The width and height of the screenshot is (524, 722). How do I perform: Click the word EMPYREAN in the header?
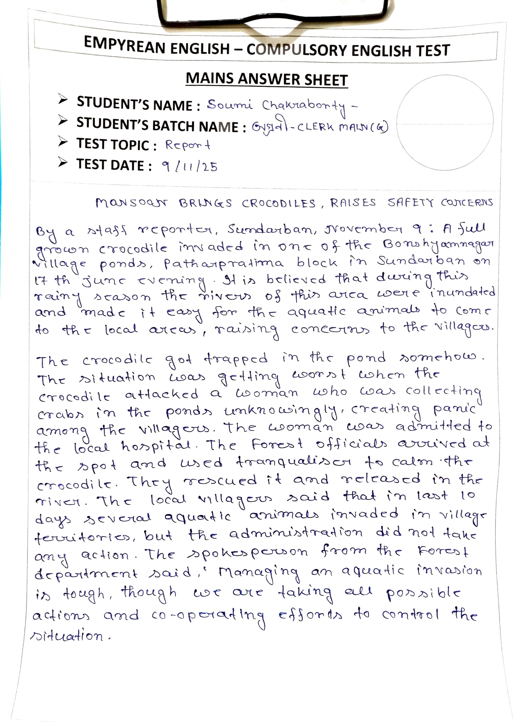pos(124,45)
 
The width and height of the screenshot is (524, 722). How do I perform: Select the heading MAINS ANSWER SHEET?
pos(266,79)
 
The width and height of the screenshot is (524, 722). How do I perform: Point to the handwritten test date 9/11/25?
pos(190,167)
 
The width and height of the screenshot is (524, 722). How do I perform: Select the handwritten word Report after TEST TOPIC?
pos(188,145)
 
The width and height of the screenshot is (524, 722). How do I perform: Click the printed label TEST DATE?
pos(110,165)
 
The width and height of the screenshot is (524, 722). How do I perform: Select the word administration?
pos(296,533)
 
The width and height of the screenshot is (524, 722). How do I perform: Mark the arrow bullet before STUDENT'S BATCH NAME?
pos(63,122)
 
